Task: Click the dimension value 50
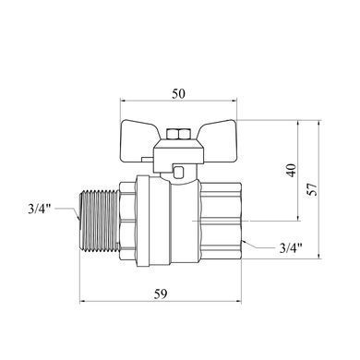(178, 93)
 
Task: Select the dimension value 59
(161, 294)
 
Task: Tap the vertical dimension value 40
(292, 170)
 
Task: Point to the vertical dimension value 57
(313, 189)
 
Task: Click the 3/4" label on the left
(39, 209)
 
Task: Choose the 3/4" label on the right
(291, 247)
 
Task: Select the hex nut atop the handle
(178, 135)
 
